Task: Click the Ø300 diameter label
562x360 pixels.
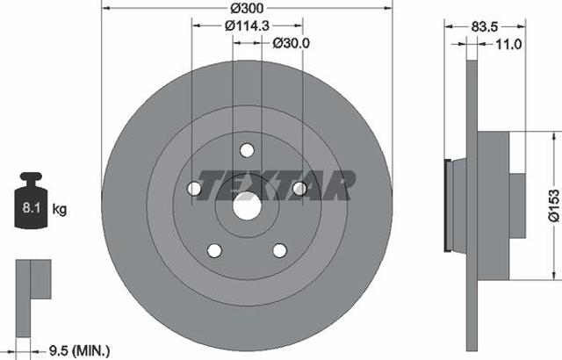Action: (x=247, y=8)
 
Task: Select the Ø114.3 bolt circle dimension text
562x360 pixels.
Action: (x=247, y=25)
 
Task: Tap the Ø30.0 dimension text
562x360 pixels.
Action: (x=291, y=43)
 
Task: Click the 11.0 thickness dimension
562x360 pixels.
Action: (x=508, y=45)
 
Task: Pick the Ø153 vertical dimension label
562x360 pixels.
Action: (x=554, y=206)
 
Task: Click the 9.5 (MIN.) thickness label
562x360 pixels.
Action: (x=79, y=350)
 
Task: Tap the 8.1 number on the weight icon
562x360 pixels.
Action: (x=32, y=208)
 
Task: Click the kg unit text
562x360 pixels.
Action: (x=60, y=209)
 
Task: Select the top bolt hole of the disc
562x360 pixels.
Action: (x=247, y=150)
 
